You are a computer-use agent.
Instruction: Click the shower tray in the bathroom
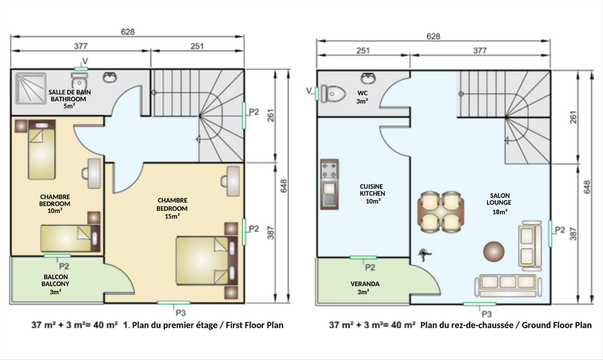pyautogui.click(x=31, y=88)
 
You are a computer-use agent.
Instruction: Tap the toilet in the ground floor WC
pyautogui.click(x=333, y=93)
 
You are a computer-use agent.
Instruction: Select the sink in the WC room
pyautogui.click(x=368, y=78)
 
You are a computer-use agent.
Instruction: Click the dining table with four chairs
pyautogui.click(x=440, y=212)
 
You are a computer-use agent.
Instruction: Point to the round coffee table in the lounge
pyautogui.click(x=494, y=252)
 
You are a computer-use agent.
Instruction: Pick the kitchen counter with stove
pyautogui.click(x=330, y=184)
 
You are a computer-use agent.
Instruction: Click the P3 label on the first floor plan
pyautogui.click(x=181, y=313)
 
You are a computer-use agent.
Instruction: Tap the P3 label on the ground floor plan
pyautogui.click(x=487, y=314)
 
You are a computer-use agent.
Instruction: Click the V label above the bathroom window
pyautogui.click(x=85, y=61)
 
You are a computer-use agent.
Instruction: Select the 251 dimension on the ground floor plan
pyautogui.click(x=363, y=50)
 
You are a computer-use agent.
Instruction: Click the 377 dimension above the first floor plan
pyautogui.click(x=81, y=46)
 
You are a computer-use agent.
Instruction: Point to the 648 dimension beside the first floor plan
pyautogui.click(x=284, y=186)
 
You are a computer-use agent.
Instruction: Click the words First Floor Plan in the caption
pyautogui.click(x=255, y=325)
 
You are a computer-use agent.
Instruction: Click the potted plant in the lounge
pyautogui.click(x=424, y=254)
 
